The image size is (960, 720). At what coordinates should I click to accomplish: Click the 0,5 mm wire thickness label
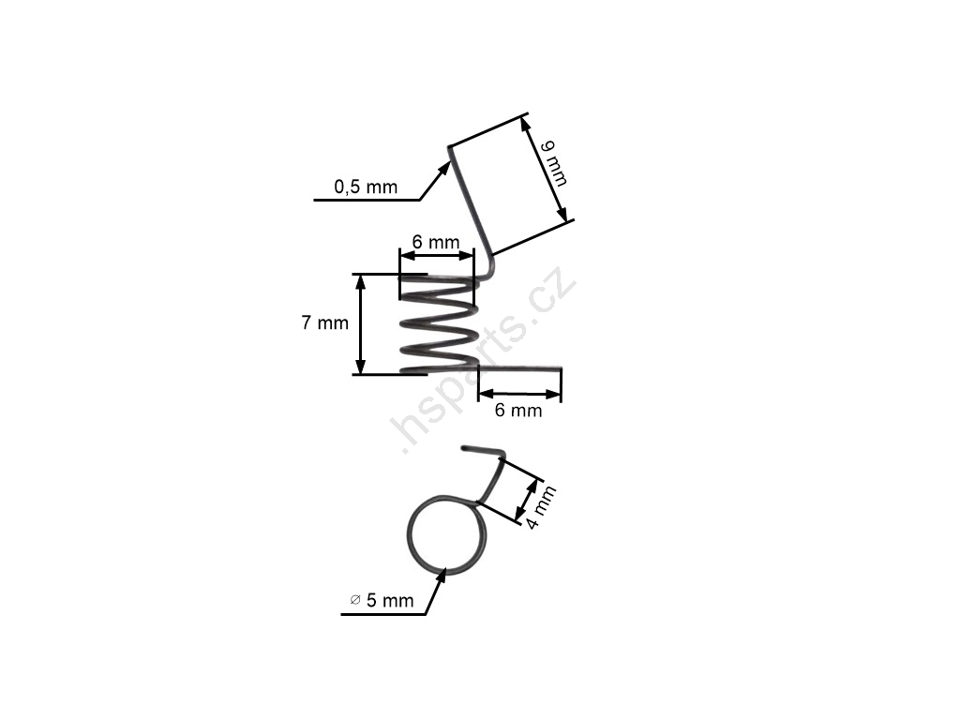(x=366, y=187)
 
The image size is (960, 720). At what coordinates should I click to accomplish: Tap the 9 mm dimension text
(x=555, y=163)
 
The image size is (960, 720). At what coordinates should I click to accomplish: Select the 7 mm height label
(x=324, y=322)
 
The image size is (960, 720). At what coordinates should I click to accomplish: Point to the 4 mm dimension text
(x=541, y=507)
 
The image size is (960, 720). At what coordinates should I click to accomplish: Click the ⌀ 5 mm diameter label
(x=382, y=601)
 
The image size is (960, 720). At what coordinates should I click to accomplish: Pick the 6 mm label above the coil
(x=435, y=243)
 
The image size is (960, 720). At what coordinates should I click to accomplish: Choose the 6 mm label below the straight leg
(x=518, y=411)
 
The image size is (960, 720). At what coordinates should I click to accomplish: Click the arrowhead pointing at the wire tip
(x=443, y=170)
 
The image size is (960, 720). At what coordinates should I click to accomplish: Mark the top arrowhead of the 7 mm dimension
(x=360, y=281)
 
